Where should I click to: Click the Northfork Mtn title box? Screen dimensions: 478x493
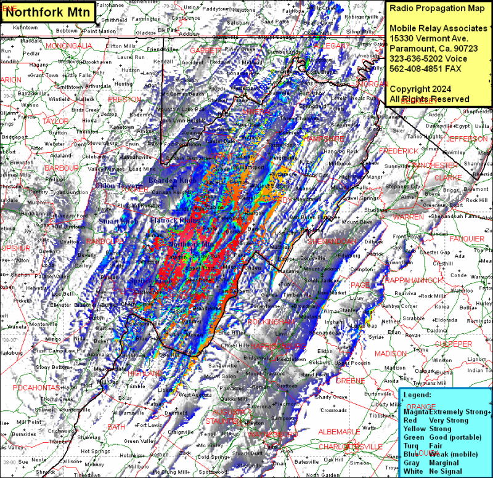pyautogui.click(x=49, y=10)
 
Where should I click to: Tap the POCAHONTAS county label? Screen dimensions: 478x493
pyautogui.click(x=36, y=387)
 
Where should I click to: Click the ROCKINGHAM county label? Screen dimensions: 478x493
pyautogui.click(x=271, y=322)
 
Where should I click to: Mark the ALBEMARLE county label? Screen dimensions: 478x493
pyautogui.click(x=339, y=431)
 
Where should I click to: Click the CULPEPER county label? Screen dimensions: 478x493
pyautogui.click(x=453, y=344)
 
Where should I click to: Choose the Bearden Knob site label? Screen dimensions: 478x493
pyautogui.click(x=173, y=180)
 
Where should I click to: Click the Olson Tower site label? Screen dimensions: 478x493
pyautogui.click(x=118, y=185)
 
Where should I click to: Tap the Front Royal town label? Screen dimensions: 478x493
pyautogui.click(x=407, y=236)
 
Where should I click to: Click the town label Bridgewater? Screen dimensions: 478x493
pyautogui.click(x=257, y=357)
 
